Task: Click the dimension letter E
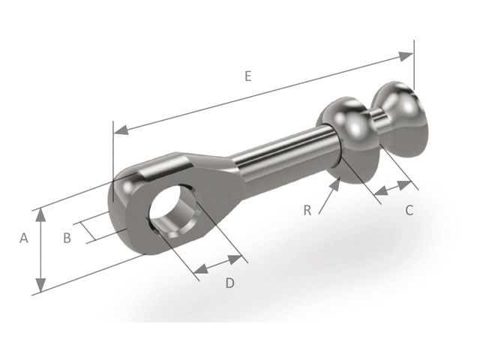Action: point(248,76)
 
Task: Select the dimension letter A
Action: point(24,238)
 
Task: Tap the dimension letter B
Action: point(67,238)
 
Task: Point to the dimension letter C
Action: point(409,211)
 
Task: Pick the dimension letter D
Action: point(230,283)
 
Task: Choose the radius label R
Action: point(307,211)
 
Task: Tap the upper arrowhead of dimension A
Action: point(40,215)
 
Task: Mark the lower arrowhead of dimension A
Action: point(40,285)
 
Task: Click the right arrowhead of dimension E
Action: point(406,56)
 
